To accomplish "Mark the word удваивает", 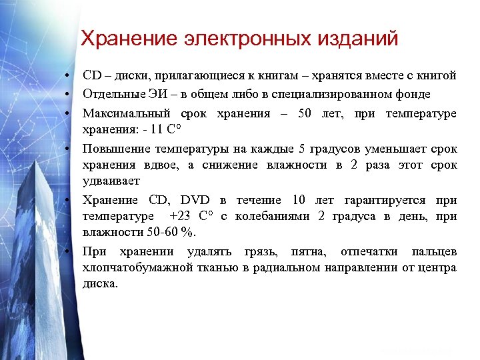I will [x=110, y=181].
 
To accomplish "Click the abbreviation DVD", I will [x=195, y=201].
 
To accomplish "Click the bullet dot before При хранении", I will [x=69, y=251].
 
